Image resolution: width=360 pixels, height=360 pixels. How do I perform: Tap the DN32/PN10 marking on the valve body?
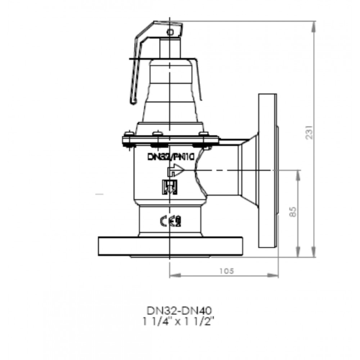170,157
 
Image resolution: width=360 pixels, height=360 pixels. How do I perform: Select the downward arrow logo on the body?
168,187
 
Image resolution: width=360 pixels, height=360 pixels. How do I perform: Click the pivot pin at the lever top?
171,32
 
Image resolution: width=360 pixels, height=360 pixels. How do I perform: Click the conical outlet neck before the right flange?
248,170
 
